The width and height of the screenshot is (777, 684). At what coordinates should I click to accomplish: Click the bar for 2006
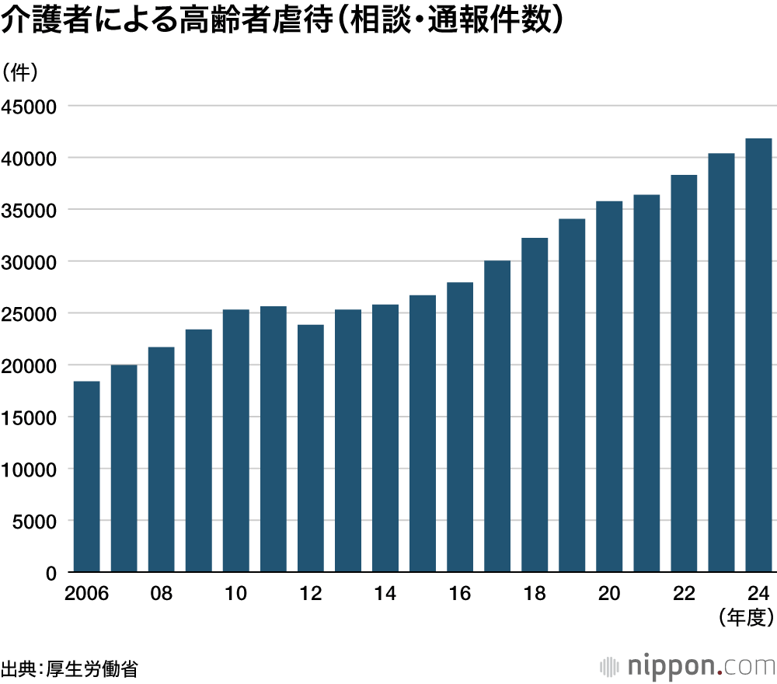86,476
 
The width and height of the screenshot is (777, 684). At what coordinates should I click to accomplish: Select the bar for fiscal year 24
758,355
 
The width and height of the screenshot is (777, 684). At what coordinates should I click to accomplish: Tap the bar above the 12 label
311,448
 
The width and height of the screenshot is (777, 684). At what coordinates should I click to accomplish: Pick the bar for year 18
535,405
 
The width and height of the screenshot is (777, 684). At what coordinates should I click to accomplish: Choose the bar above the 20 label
609,386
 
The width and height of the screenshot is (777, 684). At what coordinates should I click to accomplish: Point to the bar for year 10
236,441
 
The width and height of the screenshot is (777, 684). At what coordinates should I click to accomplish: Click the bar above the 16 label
460,427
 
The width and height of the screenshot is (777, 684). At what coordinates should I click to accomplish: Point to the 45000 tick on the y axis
30,106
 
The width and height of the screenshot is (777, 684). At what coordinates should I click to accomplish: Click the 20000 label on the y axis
30,365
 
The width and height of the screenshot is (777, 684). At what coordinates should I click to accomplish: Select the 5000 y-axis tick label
34,521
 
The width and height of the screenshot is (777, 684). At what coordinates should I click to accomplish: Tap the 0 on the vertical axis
51,573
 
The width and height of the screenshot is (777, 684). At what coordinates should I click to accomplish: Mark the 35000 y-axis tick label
30,210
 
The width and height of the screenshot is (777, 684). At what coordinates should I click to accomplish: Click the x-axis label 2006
86,594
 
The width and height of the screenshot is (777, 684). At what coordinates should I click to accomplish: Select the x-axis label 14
385,594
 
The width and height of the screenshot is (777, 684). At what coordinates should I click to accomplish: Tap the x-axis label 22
684,594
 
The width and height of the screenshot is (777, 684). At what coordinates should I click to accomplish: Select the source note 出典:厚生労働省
69,668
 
